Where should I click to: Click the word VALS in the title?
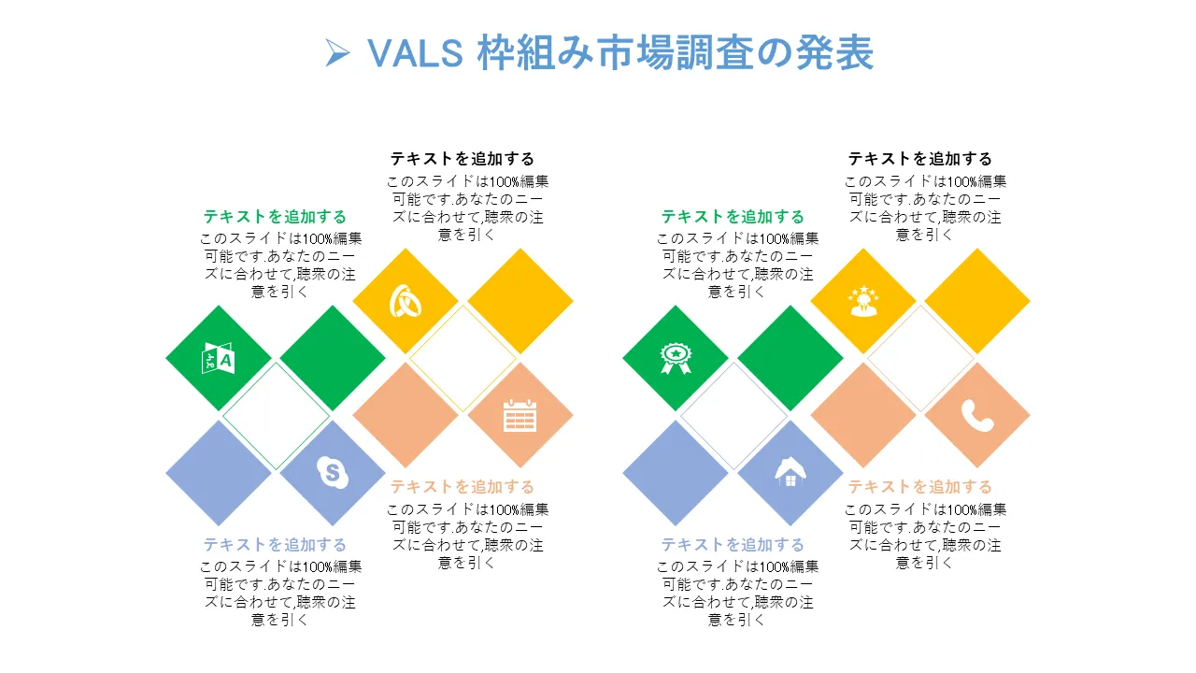415,53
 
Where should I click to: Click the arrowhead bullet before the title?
337,53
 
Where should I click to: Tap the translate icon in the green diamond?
219,358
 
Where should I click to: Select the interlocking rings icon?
406,301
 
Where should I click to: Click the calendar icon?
520,415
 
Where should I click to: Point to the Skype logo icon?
333,472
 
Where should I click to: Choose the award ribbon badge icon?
676,358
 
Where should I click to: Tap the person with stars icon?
863,301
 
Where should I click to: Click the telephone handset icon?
977,415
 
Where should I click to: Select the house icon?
790,472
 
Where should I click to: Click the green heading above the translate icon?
275,216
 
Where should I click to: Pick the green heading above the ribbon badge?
733,216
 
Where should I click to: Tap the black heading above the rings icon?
463,159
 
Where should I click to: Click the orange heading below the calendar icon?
463,487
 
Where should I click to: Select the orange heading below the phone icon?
920,487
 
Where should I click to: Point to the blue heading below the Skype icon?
275,544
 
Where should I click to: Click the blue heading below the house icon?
733,544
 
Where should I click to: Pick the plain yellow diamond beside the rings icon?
520,301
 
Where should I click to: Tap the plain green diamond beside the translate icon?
333,358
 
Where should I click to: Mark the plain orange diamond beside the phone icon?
863,415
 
